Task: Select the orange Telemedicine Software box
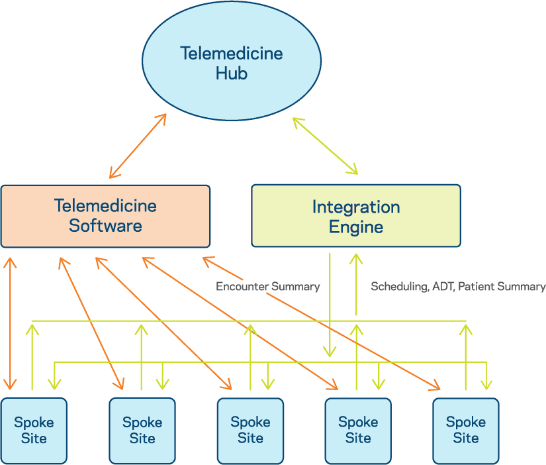(105, 216)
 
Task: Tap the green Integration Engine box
(355, 216)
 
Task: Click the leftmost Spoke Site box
(34, 430)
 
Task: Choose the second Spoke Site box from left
(142, 430)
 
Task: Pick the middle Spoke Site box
(250, 430)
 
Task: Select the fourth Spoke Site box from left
(357, 430)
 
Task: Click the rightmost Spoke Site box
(465, 430)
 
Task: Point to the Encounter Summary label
(267, 287)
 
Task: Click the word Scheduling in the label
(398, 287)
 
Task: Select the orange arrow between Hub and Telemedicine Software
(138, 146)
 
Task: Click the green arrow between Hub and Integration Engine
(325, 146)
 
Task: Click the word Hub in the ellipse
(231, 72)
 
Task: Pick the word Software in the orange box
(105, 226)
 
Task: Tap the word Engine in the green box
(355, 227)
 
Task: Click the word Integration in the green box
(355, 207)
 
